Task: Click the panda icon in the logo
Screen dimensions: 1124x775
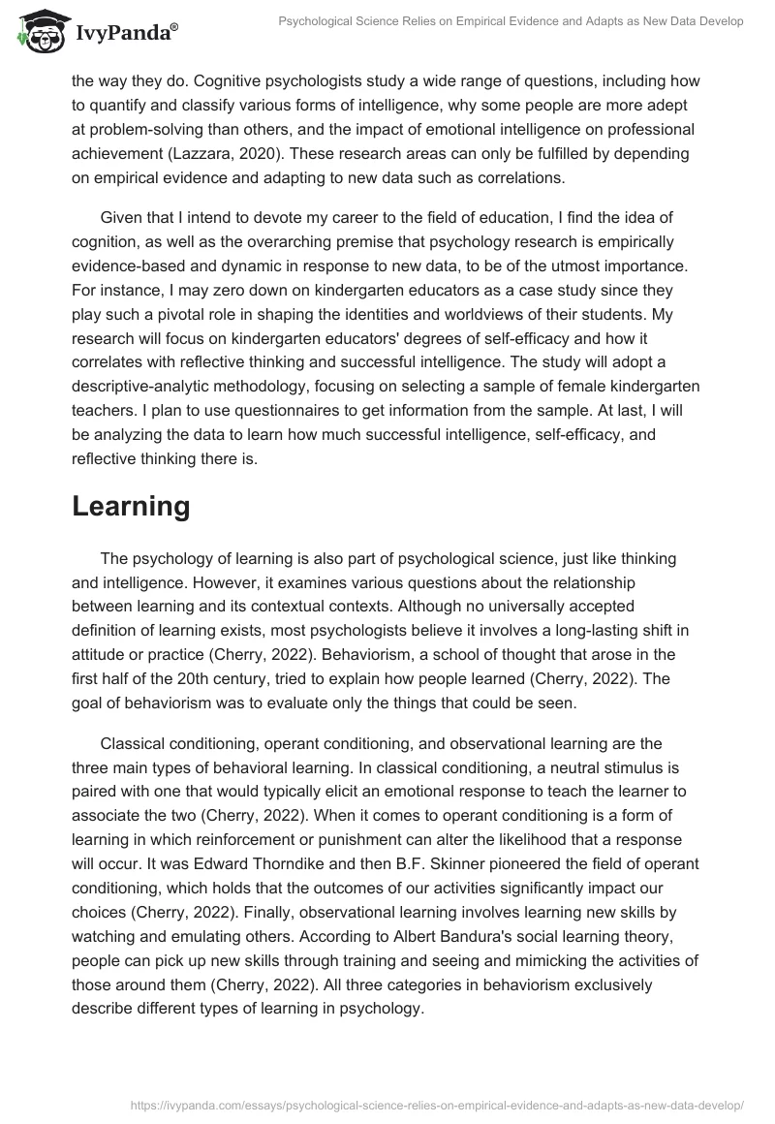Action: point(38,33)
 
